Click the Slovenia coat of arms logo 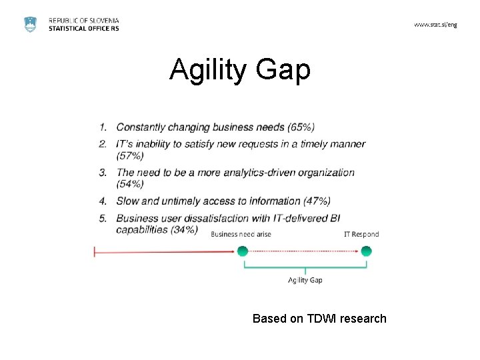tap(31, 24)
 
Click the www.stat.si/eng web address tap(435, 25)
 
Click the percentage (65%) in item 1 tap(301, 127)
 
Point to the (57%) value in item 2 tap(130, 155)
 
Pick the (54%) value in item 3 tap(130, 184)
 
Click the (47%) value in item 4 tap(317, 201)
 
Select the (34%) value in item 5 tap(184, 229)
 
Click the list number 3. tap(103, 173)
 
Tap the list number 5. tap(103, 218)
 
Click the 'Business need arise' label tap(241, 234)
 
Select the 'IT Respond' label tap(361, 234)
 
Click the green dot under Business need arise tap(242, 251)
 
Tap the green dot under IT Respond tap(366, 251)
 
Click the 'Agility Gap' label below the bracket tap(305, 280)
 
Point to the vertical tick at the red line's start tap(95, 251)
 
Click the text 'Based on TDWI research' tap(319, 319)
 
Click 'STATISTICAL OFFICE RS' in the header tap(84, 29)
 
